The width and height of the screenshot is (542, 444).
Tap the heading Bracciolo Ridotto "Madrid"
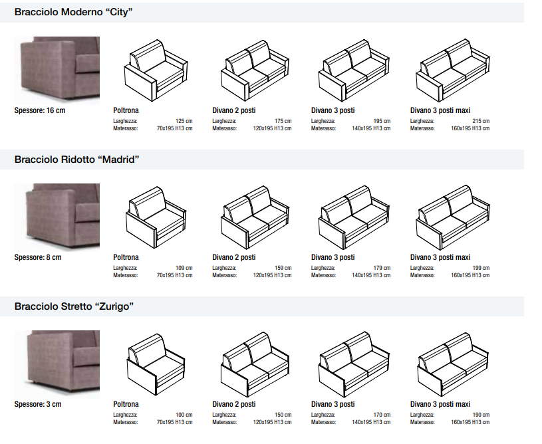tap(76, 160)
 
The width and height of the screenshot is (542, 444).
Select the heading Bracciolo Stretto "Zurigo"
tap(74, 306)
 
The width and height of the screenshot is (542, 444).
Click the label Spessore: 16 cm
tap(40, 110)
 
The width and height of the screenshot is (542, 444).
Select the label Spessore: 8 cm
tap(38, 257)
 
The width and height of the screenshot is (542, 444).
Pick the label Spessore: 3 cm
tap(38, 404)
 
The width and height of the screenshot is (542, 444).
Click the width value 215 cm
tap(481, 122)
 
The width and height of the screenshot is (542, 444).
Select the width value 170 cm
tap(382, 415)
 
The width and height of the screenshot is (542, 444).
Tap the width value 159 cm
tap(283, 269)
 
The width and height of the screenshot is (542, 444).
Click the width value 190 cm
tap(481, 415)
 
